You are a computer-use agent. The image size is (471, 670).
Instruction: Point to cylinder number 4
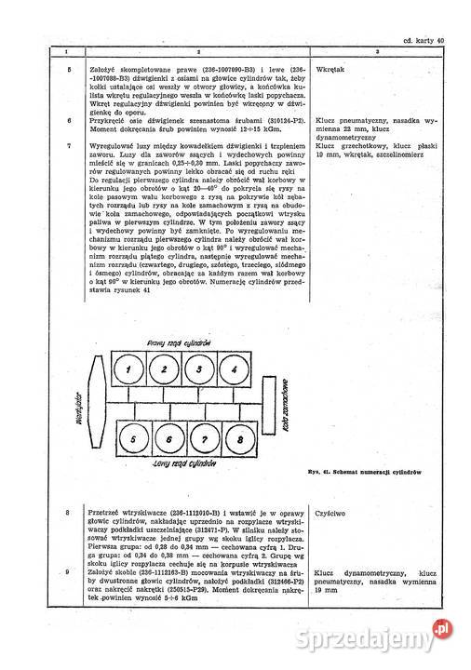click(x=228, y=370)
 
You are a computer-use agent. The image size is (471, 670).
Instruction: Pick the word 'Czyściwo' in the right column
click(x=332, y=513)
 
